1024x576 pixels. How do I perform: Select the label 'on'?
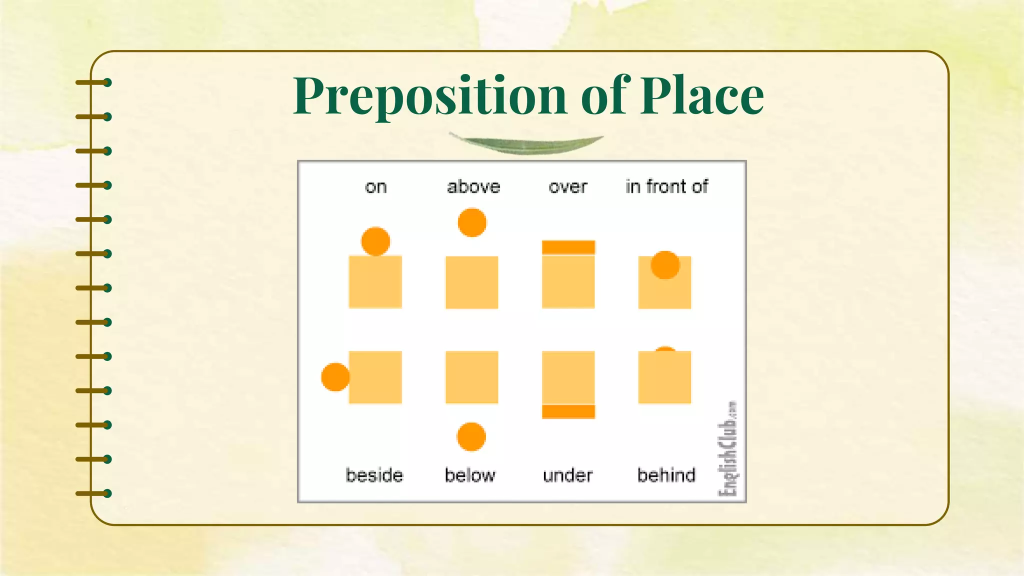click(375, 187)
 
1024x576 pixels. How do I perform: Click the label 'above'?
click(473, 187)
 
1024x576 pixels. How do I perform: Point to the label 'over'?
click(568, 187)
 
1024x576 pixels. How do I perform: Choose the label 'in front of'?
click(666, 186)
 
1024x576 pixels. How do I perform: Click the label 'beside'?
click(374, 474)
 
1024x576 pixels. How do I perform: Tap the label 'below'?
click(470, 474)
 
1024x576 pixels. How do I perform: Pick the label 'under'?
click(567, 474)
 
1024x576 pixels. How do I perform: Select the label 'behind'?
click(666, 474)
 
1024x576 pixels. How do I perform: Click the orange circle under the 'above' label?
click(472, 222)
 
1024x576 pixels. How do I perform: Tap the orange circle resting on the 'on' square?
click(375, 241)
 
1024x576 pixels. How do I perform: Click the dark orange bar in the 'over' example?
click(568, 247)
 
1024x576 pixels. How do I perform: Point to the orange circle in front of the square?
click(665, 265)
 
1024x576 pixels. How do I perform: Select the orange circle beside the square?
click(335, 377)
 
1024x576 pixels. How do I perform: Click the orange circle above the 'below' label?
click(471, 436)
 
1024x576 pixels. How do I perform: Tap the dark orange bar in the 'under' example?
click(568, 411)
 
